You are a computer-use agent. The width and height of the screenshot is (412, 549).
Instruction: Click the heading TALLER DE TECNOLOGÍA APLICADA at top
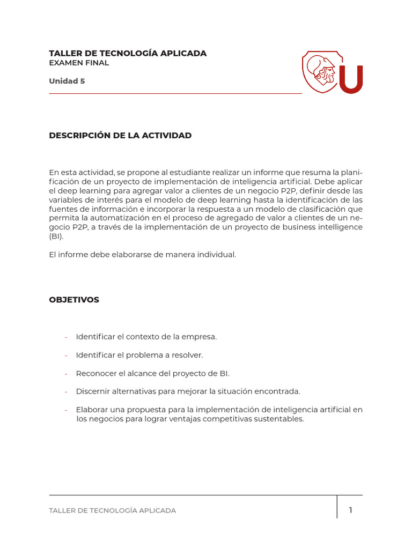pyautogui.click(x=128, y=54)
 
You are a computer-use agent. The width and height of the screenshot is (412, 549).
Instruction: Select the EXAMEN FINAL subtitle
pyautogui.click(x=79, y=63)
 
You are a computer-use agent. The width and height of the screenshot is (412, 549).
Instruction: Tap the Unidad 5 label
pyautogui.click(x=67, y=81)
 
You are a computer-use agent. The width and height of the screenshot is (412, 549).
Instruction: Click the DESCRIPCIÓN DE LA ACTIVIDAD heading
pyautogui.click(x=120, y=136)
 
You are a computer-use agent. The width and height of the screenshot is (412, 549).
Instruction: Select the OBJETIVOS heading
pyautogui.click(x=74, y=300)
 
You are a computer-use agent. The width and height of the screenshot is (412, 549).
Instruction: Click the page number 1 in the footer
pyautogui.click(x=350, y=510)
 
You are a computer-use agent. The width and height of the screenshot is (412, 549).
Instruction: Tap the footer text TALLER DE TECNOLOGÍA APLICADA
pyautogui.click(x=112, y=510)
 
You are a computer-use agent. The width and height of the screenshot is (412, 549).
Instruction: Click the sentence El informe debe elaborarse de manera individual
pyautogui.click(x=142, y=255)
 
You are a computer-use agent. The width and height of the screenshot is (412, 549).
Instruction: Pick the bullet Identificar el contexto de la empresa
pyautogui.click(x=146, y=337)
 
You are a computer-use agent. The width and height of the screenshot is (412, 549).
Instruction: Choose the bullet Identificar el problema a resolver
pyautogui.click(x=139, y=355)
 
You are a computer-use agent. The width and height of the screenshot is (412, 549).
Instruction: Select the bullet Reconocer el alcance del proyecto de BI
pyautogui.click(x=152, y=373)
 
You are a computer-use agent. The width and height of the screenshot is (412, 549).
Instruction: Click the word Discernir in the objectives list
pyautogui.click(x=92, y=391)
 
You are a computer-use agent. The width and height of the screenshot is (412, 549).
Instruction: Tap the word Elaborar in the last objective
pyautogui.click(x=92, y=410)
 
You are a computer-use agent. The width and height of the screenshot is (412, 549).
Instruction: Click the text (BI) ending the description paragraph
pyautogui.click(x=56, y=236)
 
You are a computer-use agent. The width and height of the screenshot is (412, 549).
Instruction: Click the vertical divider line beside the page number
pyautogui.click(x=337, y=507)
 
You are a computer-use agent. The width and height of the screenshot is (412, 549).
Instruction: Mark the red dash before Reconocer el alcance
pyautogui.click(x=66, y=373)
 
